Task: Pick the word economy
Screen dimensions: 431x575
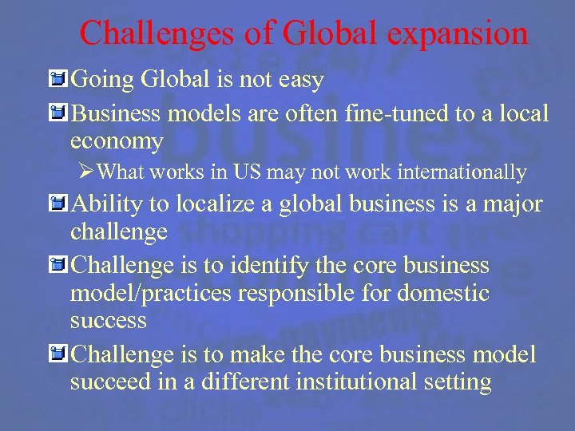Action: pos(117,141)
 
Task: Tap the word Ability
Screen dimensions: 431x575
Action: pos(109,204)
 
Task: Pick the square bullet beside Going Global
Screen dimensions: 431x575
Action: pos(56,79)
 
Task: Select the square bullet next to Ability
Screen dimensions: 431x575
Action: pos(56,204)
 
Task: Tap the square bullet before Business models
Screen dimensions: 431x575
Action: pos(56,113)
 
